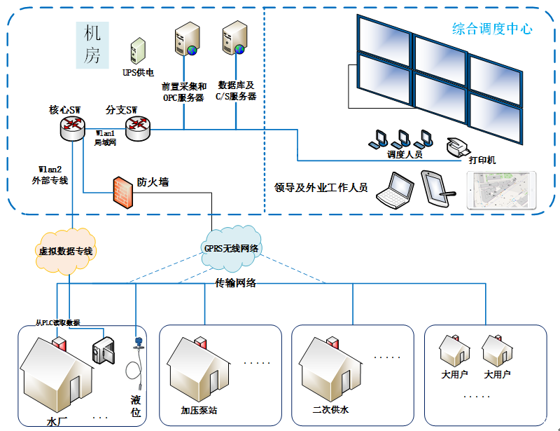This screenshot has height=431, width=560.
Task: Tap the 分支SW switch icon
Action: coord(137,126)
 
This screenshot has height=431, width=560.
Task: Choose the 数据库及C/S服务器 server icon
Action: coord(234,39)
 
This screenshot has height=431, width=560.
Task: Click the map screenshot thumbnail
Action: coord(501,191)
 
